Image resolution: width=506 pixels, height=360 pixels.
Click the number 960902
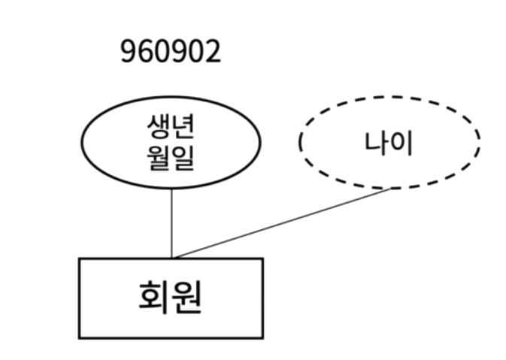point(171,52)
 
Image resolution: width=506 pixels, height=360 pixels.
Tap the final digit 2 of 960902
point(214,52)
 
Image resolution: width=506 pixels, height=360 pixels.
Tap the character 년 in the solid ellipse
point(183,129)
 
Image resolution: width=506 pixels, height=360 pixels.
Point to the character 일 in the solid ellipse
point(183,157)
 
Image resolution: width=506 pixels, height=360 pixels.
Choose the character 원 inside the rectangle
point(187,298)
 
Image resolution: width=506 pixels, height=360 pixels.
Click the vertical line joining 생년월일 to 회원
point(172,222)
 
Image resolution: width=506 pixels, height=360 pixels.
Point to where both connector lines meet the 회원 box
point(173,258)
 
